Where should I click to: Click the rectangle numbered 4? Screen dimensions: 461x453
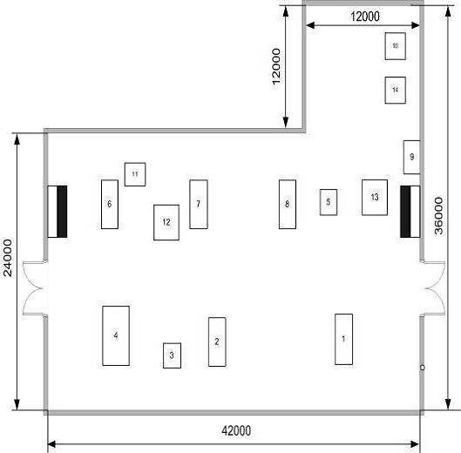(116, 335)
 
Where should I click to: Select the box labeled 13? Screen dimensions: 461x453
(375, 197)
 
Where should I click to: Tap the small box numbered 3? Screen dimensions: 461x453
(172, 355)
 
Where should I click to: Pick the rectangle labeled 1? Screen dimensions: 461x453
(343, 339)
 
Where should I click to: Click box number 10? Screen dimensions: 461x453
(396, 46)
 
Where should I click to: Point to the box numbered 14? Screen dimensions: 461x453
(396, 91)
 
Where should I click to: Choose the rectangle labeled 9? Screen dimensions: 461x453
(411, 157)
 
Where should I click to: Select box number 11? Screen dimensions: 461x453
(135, 174)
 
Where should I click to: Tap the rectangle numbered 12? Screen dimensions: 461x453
(166, 222)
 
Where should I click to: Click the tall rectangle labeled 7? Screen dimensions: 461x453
(199, 205)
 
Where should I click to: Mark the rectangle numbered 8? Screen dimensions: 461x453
(288, 205)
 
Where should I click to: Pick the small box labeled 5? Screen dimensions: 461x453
(329, 202)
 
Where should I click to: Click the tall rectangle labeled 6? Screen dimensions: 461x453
(110, 205)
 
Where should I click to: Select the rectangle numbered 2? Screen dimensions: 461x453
(217, 341)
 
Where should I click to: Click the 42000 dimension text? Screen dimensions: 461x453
(236, 431)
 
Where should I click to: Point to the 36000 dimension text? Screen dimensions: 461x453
(438, 216)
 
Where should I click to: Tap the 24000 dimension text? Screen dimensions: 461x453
(8, 258)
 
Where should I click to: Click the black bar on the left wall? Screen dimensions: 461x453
(62, 212)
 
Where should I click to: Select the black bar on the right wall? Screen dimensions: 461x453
(405, 212)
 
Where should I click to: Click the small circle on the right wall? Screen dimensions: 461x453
(422, 368)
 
